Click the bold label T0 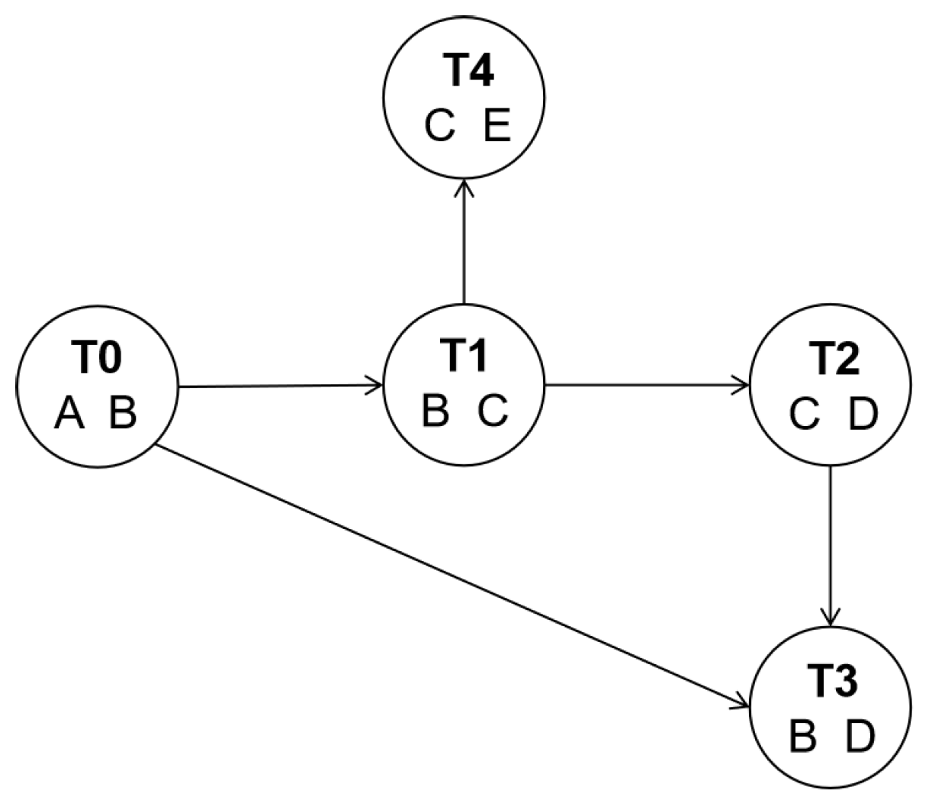(x=97, y=358)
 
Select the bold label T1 (x=464, y=355)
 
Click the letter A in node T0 (x=69, y=415)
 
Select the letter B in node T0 (x=122, y=415)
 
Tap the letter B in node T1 (x=435, y=411)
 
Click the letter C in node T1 (x=493, y=411)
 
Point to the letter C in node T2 (x=805, y=415)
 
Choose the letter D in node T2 (x=863, y=415)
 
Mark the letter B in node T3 (x=803, y=737)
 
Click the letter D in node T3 (x=861, y=737)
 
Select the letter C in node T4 (x=440, y=126)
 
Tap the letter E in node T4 (x=497, y=126)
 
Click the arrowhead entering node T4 (x=464, y=187)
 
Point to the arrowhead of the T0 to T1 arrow (x=375, y=386)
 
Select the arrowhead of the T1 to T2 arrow (x=743, y=385)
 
